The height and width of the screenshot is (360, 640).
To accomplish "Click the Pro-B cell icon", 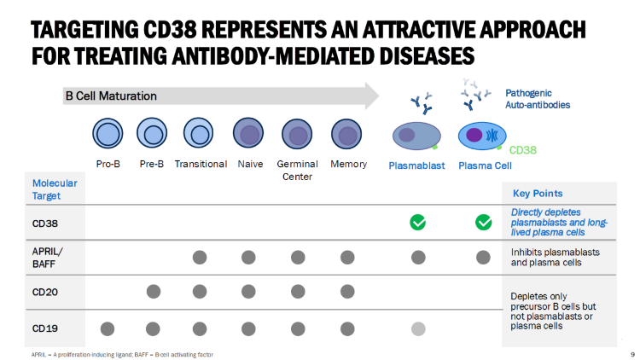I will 108,135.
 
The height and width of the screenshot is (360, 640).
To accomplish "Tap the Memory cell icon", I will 347,135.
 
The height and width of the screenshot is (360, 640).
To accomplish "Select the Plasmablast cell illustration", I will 417,136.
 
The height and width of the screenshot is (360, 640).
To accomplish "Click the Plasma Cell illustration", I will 482,136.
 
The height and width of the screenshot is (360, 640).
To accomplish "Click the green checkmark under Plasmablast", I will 418,223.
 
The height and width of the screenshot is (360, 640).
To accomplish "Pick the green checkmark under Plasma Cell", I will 483,223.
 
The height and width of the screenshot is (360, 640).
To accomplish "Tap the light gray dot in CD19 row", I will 418,328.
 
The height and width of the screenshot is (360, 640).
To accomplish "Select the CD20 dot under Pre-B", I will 154,292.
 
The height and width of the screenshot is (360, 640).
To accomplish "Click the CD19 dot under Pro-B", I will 108,328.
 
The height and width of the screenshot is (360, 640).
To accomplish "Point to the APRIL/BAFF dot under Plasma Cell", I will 483,257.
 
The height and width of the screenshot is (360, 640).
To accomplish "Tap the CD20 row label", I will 46,292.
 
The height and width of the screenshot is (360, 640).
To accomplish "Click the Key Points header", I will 537,194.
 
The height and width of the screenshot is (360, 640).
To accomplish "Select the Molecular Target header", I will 55,189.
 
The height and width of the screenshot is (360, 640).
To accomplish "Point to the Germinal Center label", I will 298,170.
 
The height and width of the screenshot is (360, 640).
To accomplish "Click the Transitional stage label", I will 201,164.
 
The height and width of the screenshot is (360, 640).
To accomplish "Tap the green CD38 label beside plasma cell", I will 522,150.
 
